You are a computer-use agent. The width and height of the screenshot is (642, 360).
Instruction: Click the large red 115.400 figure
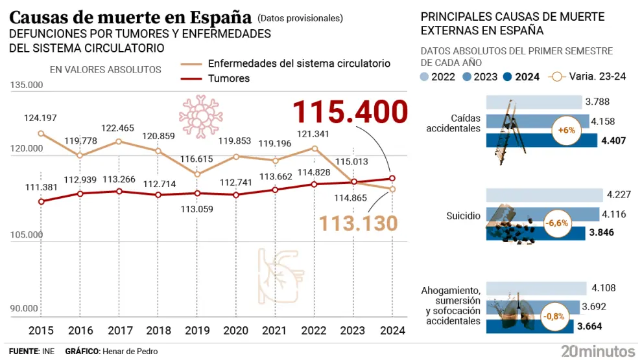[x=351, y=112]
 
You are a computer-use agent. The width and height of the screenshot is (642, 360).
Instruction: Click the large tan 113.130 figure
[x=359, y=223]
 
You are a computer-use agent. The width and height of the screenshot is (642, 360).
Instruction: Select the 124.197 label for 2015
[x=41, y=118]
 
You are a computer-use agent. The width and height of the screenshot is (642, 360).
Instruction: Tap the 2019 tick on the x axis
[x=197, y=330]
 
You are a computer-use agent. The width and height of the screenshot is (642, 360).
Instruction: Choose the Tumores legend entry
[x=228, y=79]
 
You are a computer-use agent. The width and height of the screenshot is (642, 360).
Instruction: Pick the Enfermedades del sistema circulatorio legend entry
[x=299, y=63]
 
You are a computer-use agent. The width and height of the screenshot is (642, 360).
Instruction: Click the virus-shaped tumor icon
[x=200, y=115]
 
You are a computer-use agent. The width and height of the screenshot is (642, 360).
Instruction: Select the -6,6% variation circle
[x=556, y=223]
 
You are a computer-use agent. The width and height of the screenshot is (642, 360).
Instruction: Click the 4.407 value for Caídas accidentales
[x=613, y=140]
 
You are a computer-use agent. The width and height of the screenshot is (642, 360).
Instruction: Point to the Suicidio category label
[x=464, y=216]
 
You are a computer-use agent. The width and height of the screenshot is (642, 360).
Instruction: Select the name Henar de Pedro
[x=129, y=351]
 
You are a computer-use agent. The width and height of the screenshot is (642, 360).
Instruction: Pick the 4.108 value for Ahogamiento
[x=602, y=288]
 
